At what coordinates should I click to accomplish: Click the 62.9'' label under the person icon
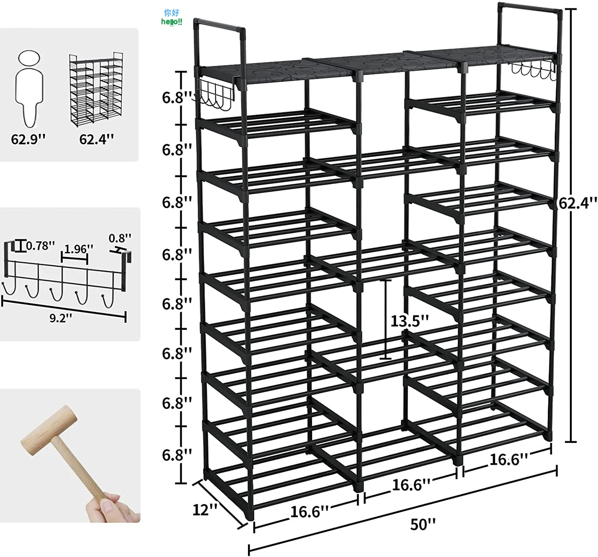[28, 139]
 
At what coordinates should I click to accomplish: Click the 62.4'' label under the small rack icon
[96, 139]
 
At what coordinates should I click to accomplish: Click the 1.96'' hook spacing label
[79, 249]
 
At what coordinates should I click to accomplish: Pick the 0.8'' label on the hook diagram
[120, 238]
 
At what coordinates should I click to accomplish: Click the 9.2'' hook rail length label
[61, 318]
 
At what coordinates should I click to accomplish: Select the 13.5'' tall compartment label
[410, 321]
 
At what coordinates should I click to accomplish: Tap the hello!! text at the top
[172, 22]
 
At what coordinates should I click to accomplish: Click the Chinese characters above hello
[172, 13]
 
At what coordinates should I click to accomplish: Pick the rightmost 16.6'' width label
[509, 459]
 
